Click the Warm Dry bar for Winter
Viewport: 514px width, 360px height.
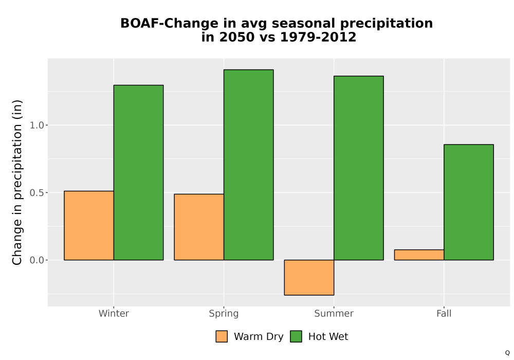pyautogui.click(x=89, y=226)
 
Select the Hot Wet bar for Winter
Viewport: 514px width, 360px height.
pyautogui.click(x=138, y=172)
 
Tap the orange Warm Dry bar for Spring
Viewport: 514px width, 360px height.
pyautogui.click(x=199, y=227)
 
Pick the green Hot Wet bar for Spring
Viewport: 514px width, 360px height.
pyautogui.click(x=248, y=165)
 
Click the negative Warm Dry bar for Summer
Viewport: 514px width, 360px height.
pyautogui.click(x=309, y=277)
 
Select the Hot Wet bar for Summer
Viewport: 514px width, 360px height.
pyautogui.click(x=359, y=168)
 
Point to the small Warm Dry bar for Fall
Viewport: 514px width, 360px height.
pyautogui.click(x=419, y=255)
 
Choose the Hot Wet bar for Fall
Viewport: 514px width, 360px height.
pyautogui.click(x=469, y=202)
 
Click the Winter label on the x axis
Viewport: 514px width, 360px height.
pyautogui.click(x=114, y=313)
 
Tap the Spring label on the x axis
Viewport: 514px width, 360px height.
pyautogui.click(x=224, y=314)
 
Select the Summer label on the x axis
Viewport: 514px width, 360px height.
pyautogui.click(x=334, y=313)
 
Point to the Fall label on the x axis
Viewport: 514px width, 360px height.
pyautogui.click(x=444, y=313)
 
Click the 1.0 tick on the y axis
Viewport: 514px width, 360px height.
pyautogui.click(x=36, y=125)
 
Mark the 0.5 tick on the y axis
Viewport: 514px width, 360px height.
pyautogui.click(x=36, y=193)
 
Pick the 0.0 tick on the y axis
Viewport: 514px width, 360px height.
pyautogui.click(x=36, y=260)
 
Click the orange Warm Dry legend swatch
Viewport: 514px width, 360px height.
pyautogui.click(x=222, y=336)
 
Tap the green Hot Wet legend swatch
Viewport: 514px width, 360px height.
pyautogui.click(x=296, y=336)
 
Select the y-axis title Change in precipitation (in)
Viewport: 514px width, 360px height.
pyautogui.click(x=17, y=182)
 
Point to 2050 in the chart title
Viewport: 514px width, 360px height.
pyautogui.click(x=237, y=37)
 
